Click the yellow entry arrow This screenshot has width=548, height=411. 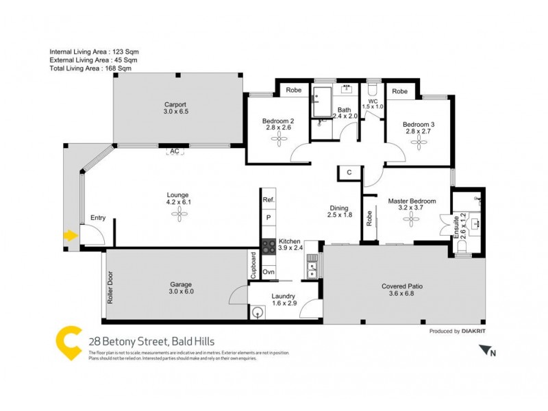pyautogui.click(x=69, y=236)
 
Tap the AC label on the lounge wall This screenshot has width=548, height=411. pyautogui.click(x=175, y=151)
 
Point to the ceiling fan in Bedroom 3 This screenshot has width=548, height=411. pyautogui.click(x=419, y=141)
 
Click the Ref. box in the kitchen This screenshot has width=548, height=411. pyautogui.click(x=268, y=199)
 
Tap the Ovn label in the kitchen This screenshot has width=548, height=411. pyautogui.click(x=268, y=272)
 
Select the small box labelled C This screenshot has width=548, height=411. pyautogui.click(x=349, y=173)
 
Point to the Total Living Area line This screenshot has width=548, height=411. pyautogui.click(x=90, y=68)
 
